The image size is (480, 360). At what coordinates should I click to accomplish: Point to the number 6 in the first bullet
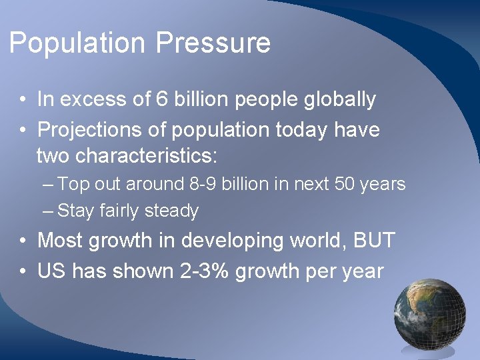point(161,100)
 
